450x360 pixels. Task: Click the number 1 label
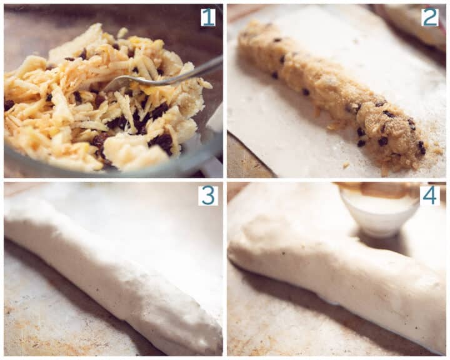click(207, 17)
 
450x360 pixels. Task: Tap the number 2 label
click(430, 17)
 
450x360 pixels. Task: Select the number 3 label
click(207, 195)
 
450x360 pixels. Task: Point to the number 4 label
click(430, 195)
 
